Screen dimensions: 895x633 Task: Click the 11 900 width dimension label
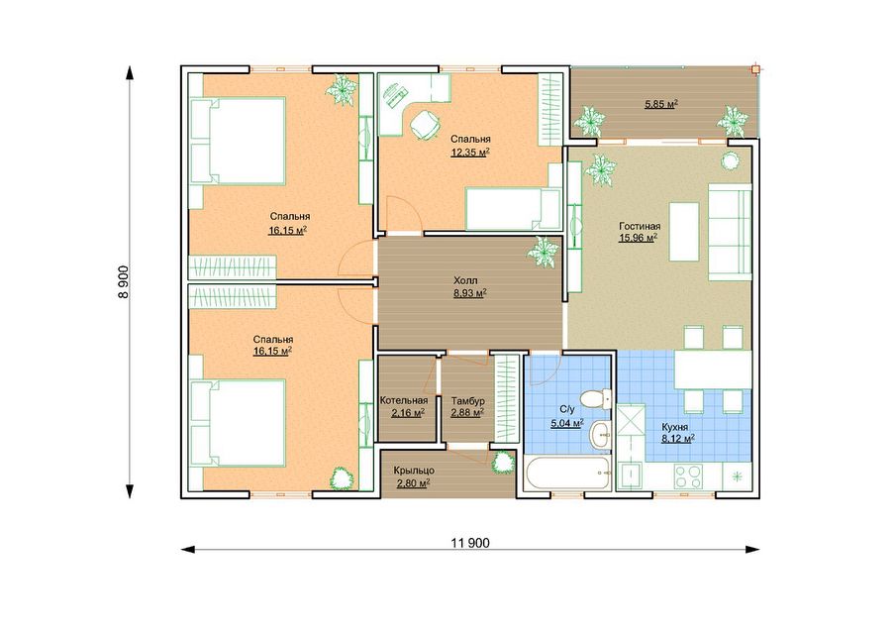point(470,543)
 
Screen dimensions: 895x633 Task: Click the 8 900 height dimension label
point(124,281)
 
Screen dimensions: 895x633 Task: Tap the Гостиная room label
point(640,227)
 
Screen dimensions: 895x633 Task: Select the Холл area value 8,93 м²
point(469,293)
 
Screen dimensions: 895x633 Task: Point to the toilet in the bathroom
point(596,398)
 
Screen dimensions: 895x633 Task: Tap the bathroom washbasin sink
point(601,435)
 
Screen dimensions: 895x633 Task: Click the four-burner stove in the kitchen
point(688,476)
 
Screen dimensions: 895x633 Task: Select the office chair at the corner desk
point(424,125)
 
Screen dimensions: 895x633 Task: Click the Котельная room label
point(404,400)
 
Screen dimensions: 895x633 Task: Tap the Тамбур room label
point(467,400)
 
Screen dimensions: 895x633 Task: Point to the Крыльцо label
point(414,471)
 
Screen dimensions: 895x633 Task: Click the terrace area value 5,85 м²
point(661,105)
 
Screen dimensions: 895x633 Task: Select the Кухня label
point(674,427)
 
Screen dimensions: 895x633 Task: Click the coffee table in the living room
point(684,231)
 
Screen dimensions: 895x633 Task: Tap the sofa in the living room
point(730,232)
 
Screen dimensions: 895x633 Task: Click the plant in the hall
point(543,252)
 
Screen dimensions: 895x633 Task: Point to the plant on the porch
point(503,461)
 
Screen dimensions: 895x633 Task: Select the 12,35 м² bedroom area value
point(470,152)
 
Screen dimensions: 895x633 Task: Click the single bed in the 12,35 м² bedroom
point(513,209)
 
